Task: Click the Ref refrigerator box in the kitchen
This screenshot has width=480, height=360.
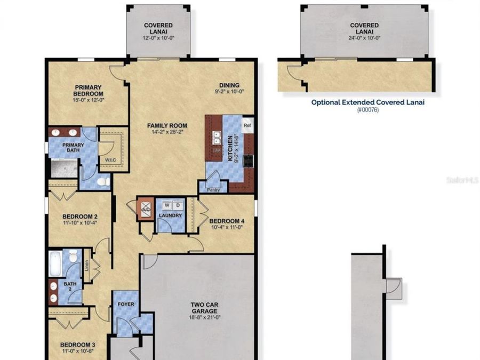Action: tap(247, 126)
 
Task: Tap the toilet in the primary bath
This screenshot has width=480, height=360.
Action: tap(106, 182)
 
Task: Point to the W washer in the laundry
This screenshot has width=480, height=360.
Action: tap(166, 205)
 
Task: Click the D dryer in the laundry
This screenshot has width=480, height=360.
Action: tap(177, 205)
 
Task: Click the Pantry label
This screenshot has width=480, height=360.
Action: tap(213, 189)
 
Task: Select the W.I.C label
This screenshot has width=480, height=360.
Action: tap(111, 159)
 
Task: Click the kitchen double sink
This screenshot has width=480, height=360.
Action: tap(217, 138)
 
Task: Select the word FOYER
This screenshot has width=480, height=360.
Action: tap(126, 304)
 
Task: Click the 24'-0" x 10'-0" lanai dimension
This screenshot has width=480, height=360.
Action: tap(364, 33)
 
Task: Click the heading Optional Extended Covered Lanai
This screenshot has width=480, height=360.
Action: tap(367, 102)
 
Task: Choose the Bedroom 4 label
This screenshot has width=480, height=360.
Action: tap(227, 221)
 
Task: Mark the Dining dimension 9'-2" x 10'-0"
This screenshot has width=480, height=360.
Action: tap(229, 92)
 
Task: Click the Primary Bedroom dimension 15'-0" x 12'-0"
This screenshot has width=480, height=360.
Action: tap(88, 99)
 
